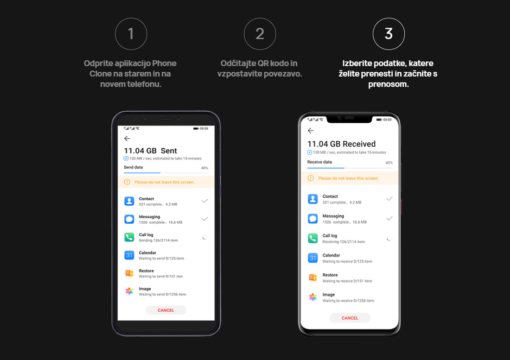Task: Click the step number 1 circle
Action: click(x=131, y=34)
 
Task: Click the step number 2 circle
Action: click(x=260, y=34)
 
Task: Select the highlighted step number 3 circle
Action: click(x=388, y=34)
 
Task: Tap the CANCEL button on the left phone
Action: click(x=166, y=310)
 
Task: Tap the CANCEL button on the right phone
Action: click(x=350, y=318)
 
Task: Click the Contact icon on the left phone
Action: click(x=129, y=201)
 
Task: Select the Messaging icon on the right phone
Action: click(x=313, y=218)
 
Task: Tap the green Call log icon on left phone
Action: click(x=129, y=237)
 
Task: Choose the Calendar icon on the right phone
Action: click(x=313, y=258)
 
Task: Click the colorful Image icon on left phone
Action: click(x=129, y=291)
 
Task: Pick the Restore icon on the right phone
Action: click(x=313, y=277)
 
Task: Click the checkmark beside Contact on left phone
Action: click(x=205, y=201)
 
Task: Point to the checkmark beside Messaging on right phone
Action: click(x=389, y=218)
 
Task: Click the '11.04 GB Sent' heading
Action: click(x=150, y=150)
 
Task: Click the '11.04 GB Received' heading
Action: click(x=341, y=144)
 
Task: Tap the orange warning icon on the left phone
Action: click(x=127, y=182)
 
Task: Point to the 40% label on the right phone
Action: click(x=389, y=162)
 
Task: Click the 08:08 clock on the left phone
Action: click(x=204, y=129)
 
